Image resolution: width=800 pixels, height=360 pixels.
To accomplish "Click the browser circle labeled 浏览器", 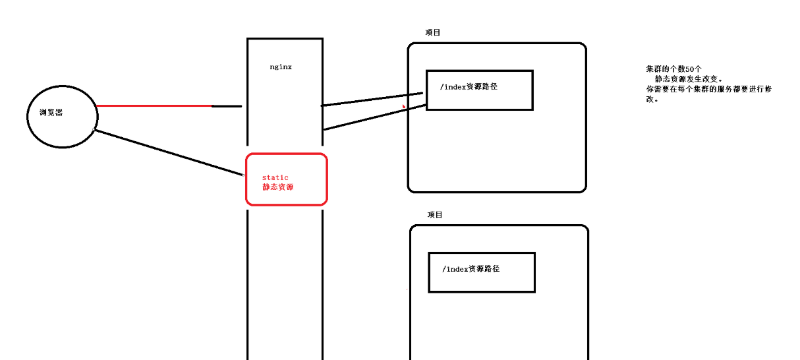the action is pos(63,129).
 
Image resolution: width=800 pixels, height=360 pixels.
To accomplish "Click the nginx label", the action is pos(281,67).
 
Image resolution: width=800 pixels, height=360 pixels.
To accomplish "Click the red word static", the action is pos(275,177).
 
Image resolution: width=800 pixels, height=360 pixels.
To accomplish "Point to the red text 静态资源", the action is pos(277,187).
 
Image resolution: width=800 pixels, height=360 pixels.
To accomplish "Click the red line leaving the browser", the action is pos(155,105).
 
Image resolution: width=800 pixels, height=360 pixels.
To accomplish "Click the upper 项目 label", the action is pos(433,32).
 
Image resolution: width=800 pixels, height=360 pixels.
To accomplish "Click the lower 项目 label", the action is pos(435,215).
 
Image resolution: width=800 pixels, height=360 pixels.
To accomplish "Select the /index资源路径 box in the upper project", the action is pos(479,99).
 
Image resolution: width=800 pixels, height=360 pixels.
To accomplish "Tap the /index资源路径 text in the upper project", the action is pos(469,86).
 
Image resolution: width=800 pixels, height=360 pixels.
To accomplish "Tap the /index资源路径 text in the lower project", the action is pos(471,269).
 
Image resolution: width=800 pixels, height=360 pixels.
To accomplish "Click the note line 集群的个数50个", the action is pos(674,69).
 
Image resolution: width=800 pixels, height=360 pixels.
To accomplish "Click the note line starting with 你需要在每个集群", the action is pos(708,88).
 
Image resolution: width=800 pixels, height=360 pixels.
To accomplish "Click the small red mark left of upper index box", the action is pos(404,104).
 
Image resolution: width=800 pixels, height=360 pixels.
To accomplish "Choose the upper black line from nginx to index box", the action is pos(372,99).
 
